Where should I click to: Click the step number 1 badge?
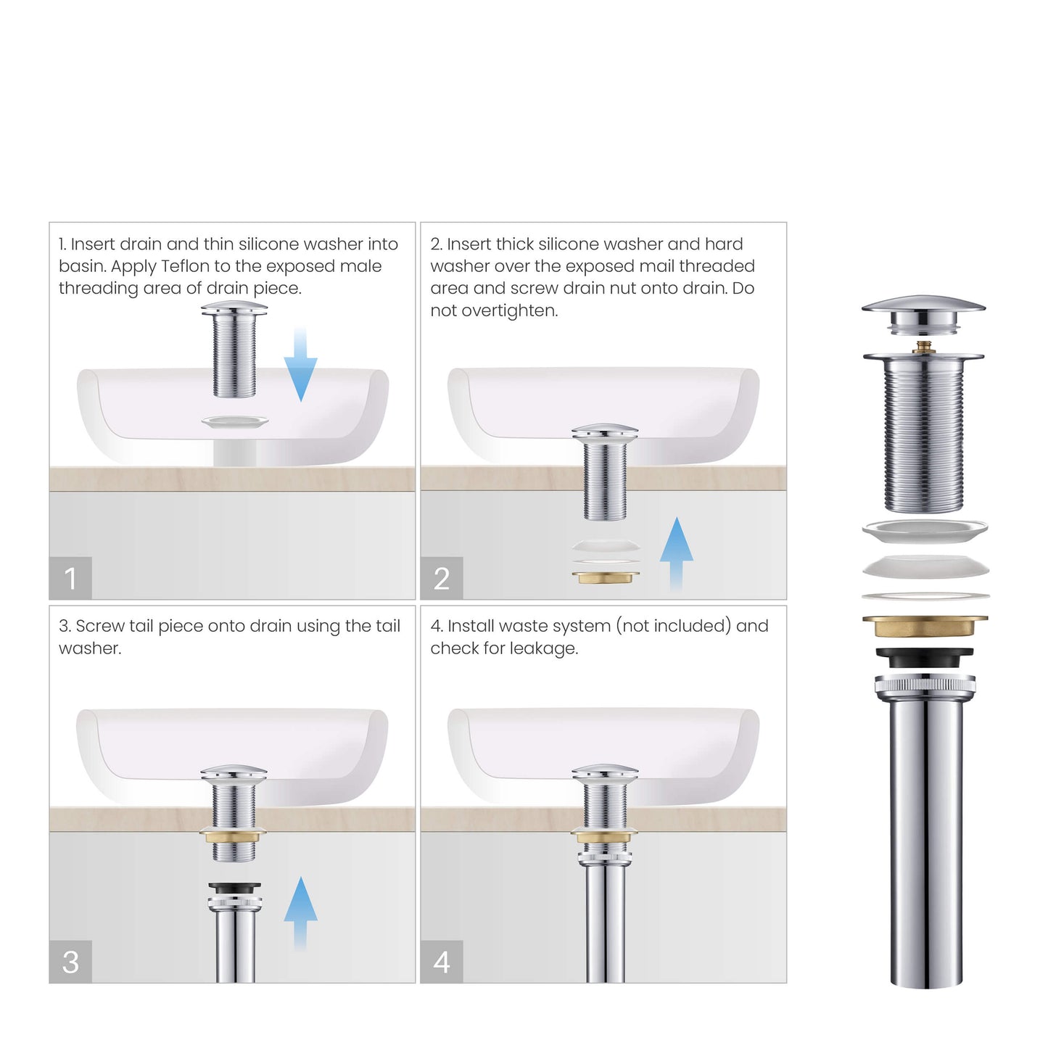coord(70,578)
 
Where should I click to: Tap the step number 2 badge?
coord(442,578)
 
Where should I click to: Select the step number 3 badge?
coord(70,962)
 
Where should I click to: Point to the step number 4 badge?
coord(442,962)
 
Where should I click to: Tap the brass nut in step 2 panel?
coord(606,577)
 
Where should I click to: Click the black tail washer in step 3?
coord(234,888)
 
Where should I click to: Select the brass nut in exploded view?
coord(925,625)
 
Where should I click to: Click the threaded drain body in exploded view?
coord(923,435)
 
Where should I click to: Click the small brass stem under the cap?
coord(923,347)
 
